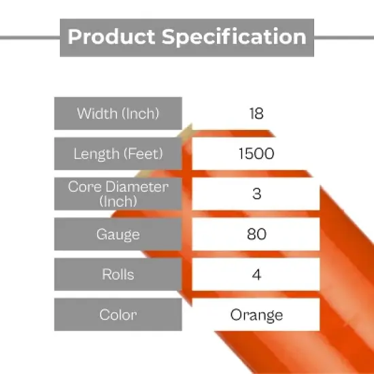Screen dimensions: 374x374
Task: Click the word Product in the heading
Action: (x=111, y=36)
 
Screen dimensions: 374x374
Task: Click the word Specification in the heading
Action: (x=233, y=36)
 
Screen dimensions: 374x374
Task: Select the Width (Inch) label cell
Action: (x=118, y=114)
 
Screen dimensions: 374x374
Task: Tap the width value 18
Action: (x=256, y=114)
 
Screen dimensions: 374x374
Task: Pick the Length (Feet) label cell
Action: (x=118, y=154)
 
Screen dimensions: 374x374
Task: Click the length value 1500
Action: (x=256, y=154)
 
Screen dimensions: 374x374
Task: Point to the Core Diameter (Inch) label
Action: (x=118, y=194)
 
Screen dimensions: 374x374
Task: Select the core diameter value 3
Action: (x=256, y=194)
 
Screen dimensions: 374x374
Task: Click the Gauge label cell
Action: (x=118, y=235)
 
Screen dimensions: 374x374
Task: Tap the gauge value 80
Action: (x=256, y=235)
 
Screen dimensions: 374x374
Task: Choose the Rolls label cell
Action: (x=118, y=275)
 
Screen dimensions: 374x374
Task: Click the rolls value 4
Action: (x=256, y=275)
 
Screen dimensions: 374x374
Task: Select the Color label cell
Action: (x=118, y=315)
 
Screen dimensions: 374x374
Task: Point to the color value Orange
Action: (x=256, y=315)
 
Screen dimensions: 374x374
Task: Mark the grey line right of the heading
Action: (x=344, y=37)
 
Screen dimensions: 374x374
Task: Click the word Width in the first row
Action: (x=97, y=114)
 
